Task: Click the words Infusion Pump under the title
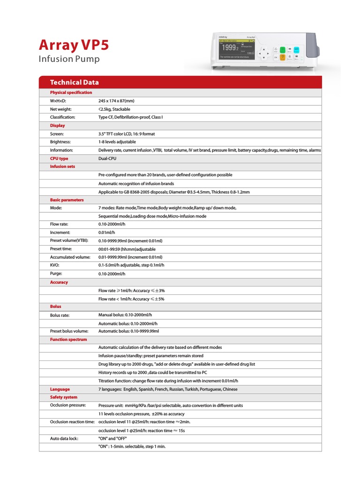coord(68,59)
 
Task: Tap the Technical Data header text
coord(75,82)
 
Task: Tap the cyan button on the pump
coord(296,49)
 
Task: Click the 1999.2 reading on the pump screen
coord(230,47)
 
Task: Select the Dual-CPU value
coord(107,158)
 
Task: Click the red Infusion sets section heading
coord(62,166)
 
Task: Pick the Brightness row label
coord(60,142)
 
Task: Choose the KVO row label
coord(54,265)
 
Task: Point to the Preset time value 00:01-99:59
coord(127,249)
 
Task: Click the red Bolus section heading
coord(56,307)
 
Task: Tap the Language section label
coord(60,389)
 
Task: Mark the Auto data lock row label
coord(64,438)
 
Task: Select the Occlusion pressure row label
coord(67,405)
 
